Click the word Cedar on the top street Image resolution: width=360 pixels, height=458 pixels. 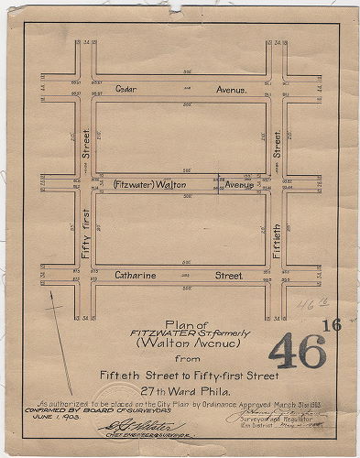click(x=126, y=88)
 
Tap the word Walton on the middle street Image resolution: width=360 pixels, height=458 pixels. click(x=182, y=185)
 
